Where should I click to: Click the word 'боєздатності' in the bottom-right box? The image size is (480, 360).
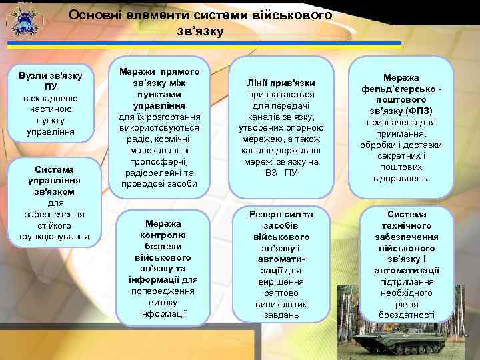407,315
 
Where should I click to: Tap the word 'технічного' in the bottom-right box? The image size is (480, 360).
407,225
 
